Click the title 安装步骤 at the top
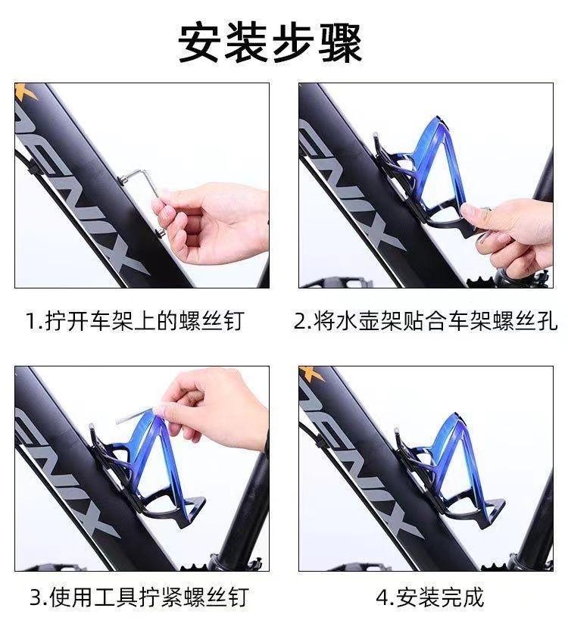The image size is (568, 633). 270,43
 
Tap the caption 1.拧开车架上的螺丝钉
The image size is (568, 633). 136,321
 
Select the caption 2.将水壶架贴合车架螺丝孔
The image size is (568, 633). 425,321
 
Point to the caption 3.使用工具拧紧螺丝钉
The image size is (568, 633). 139,597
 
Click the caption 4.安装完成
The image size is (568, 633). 429,597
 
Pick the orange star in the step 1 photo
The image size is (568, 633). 27,91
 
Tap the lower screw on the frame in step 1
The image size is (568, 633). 160,232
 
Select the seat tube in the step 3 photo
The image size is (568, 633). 244,509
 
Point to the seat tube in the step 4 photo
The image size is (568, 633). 537,521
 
